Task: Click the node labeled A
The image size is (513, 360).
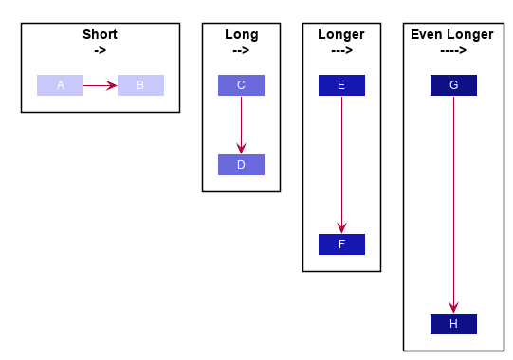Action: (x=60, y=85)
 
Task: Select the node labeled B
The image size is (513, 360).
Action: (x=140, y=85)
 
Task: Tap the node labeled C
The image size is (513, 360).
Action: (x=241, y=85)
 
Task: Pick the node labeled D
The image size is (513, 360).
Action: (x=241, y=165)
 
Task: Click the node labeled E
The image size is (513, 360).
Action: (x=341, y=85)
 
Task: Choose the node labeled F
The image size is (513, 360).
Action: (x=341, y=244)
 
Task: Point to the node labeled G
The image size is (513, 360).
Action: (x=453, y=85)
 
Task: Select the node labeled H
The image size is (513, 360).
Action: (x=453, y=324)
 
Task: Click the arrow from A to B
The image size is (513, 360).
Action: (x=100, y=85)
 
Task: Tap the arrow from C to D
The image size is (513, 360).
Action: (x=241, y=124)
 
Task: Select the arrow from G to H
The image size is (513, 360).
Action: (x=453, y=204)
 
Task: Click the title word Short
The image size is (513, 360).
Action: (x=100, y=35)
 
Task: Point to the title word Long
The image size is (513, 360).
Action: (x=241, y=35)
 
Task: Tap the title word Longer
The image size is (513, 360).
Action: (x=341, y=35)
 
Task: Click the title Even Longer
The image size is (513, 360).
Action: (x=452, y=35)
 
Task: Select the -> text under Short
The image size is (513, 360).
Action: (x=100, y=50)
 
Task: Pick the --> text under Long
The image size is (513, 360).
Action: (x=241, y=50)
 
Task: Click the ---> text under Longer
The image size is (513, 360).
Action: (x=341, y=50)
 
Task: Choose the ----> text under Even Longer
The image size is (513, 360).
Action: (x=452, y=50)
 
